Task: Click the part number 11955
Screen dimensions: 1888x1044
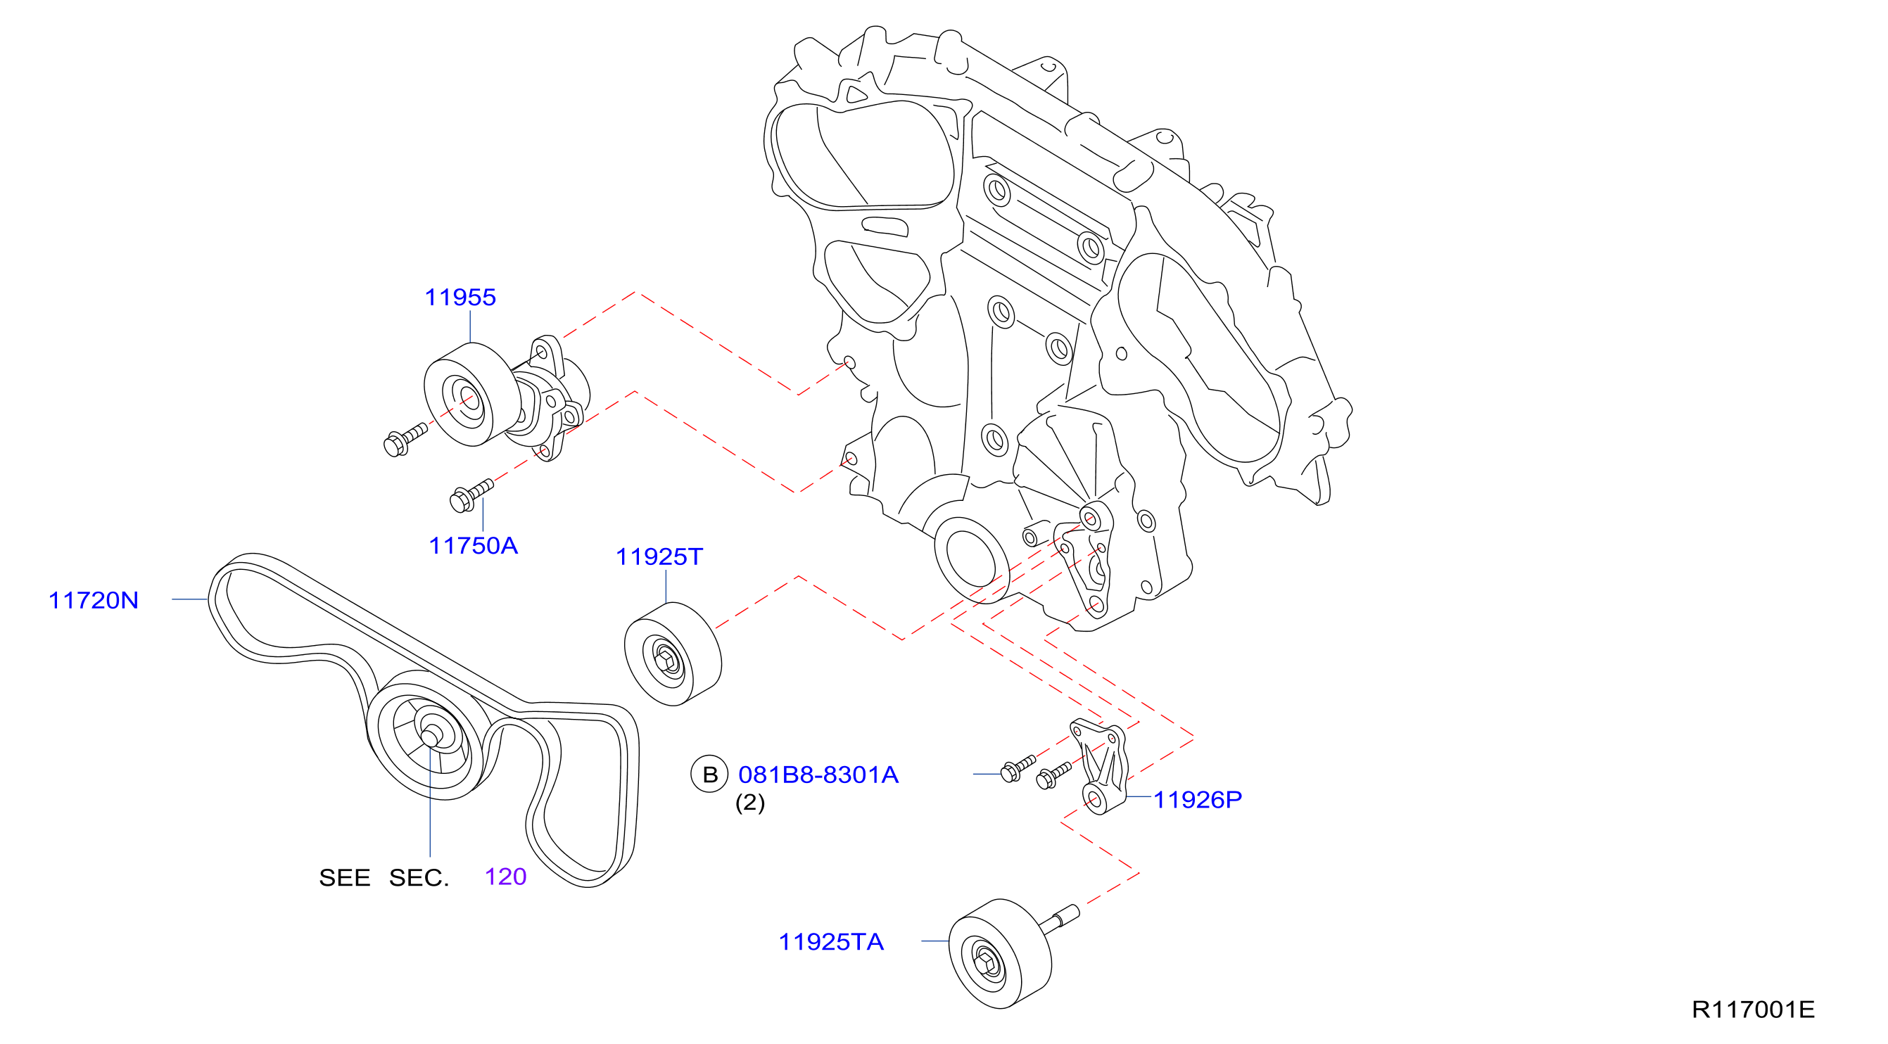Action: click(460, 298)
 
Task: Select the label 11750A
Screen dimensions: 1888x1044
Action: click(474, 546)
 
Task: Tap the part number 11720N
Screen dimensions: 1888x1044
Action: click(93, 601)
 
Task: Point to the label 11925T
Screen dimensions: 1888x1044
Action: click(659, 556)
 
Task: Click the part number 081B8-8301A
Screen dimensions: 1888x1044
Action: click(818, 775)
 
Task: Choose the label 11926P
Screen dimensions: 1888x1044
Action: click(1198, 799)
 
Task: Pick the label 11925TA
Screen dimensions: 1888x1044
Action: click(831, 941)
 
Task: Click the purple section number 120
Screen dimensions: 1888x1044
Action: click(506, 877)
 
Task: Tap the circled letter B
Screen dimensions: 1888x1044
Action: click(709, 775)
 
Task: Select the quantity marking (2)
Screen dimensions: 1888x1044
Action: click(749, 802)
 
